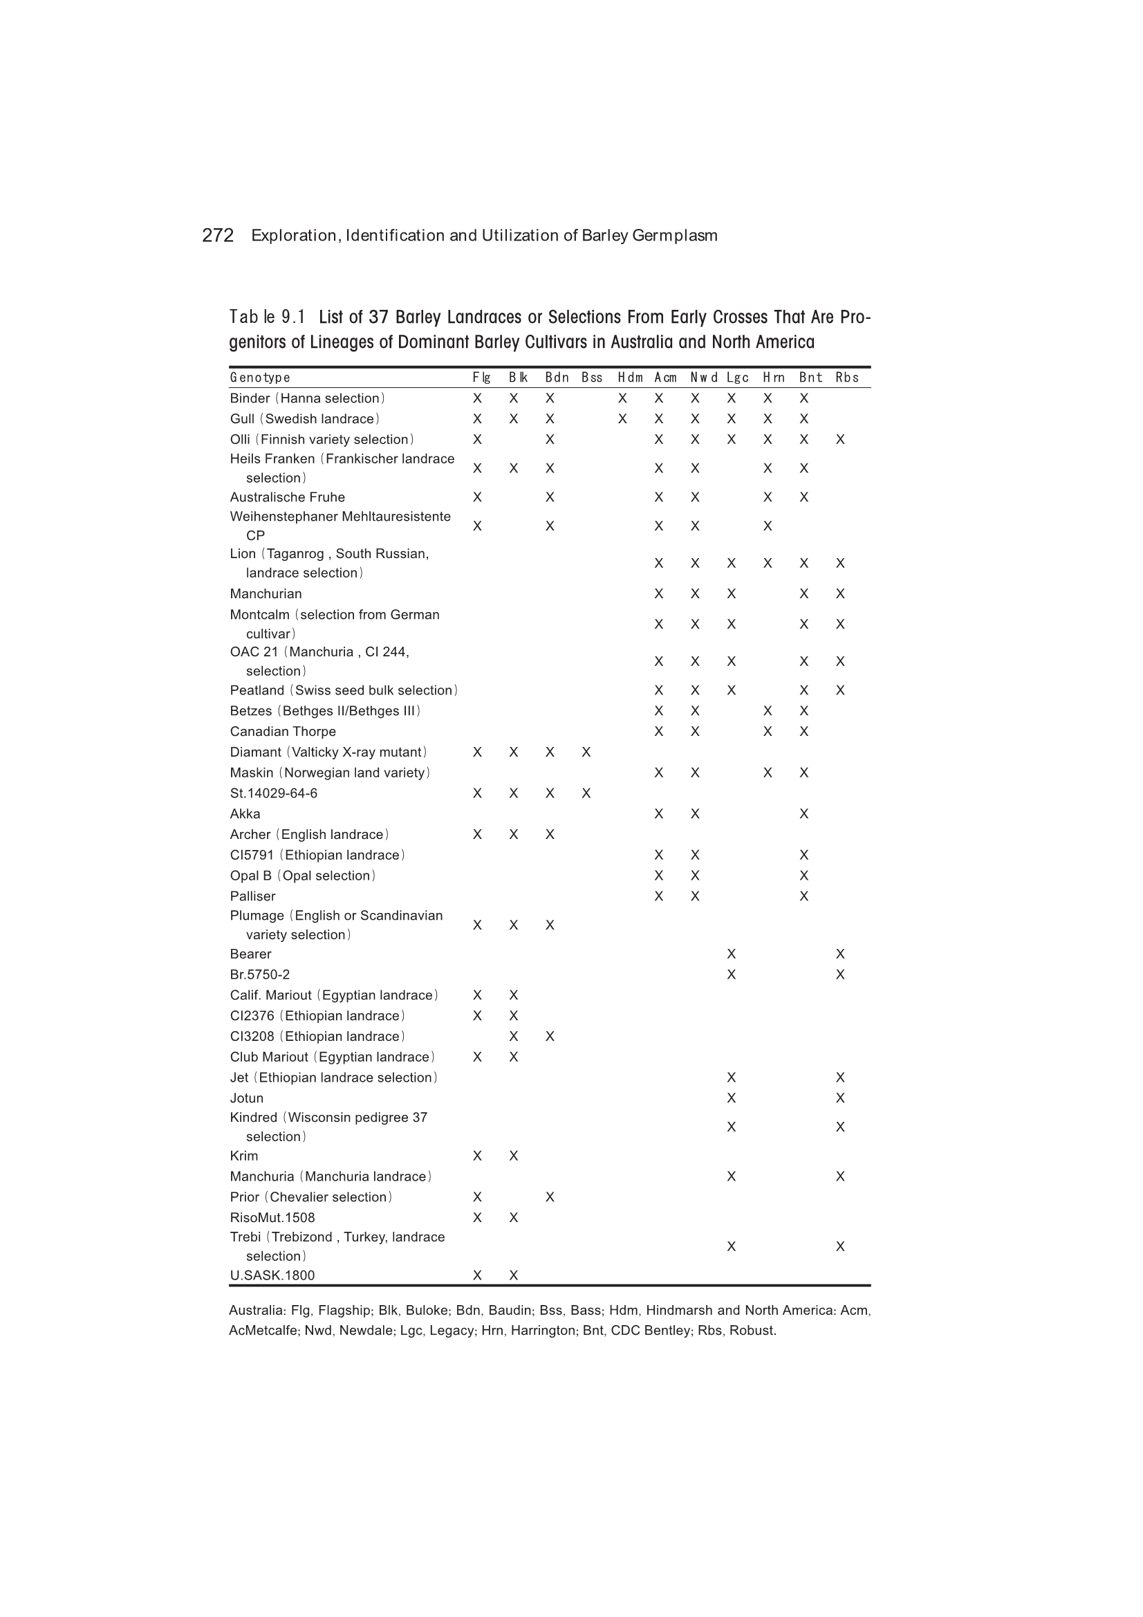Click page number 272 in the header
[x=218, y=235]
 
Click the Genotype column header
[x=260, y=378]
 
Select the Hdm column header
[x=630, y=378]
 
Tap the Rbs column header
[x=846, y=378]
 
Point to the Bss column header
[x=592, y=378]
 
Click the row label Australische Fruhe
[x=288, y=497]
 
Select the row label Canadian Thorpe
[x=282, y=732]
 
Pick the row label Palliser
[x=252, y=896]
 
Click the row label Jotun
[x=246, y=1098]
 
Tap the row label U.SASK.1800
[x=272, y=1275]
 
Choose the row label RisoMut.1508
[x=272, y=1218]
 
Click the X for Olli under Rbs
[x=839, y=439]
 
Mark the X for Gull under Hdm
[x=622, y=419]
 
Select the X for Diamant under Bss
[x=586, y=752]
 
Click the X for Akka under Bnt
[x=803, y=814]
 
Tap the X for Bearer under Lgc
[x=731, y=954]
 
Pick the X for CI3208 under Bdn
[x=549, y=1037]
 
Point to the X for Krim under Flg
[x=477, y=1156]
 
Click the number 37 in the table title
[x=378, y=317]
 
